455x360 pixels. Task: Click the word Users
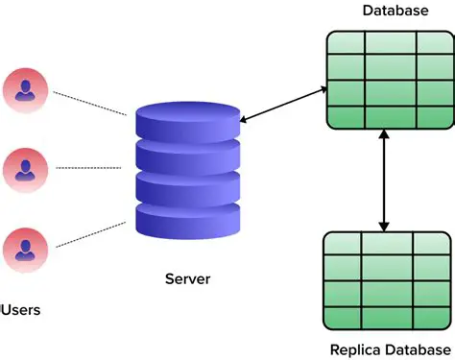coord(20,310)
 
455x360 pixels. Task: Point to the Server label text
coord(187,279)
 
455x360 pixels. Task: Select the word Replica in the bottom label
coord(357,348)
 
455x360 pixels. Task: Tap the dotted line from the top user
coord(89,103)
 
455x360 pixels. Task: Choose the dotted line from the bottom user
coord(89,234)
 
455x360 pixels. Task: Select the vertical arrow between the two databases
coord(385,181)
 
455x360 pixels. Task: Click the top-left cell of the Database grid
coord(344,45)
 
